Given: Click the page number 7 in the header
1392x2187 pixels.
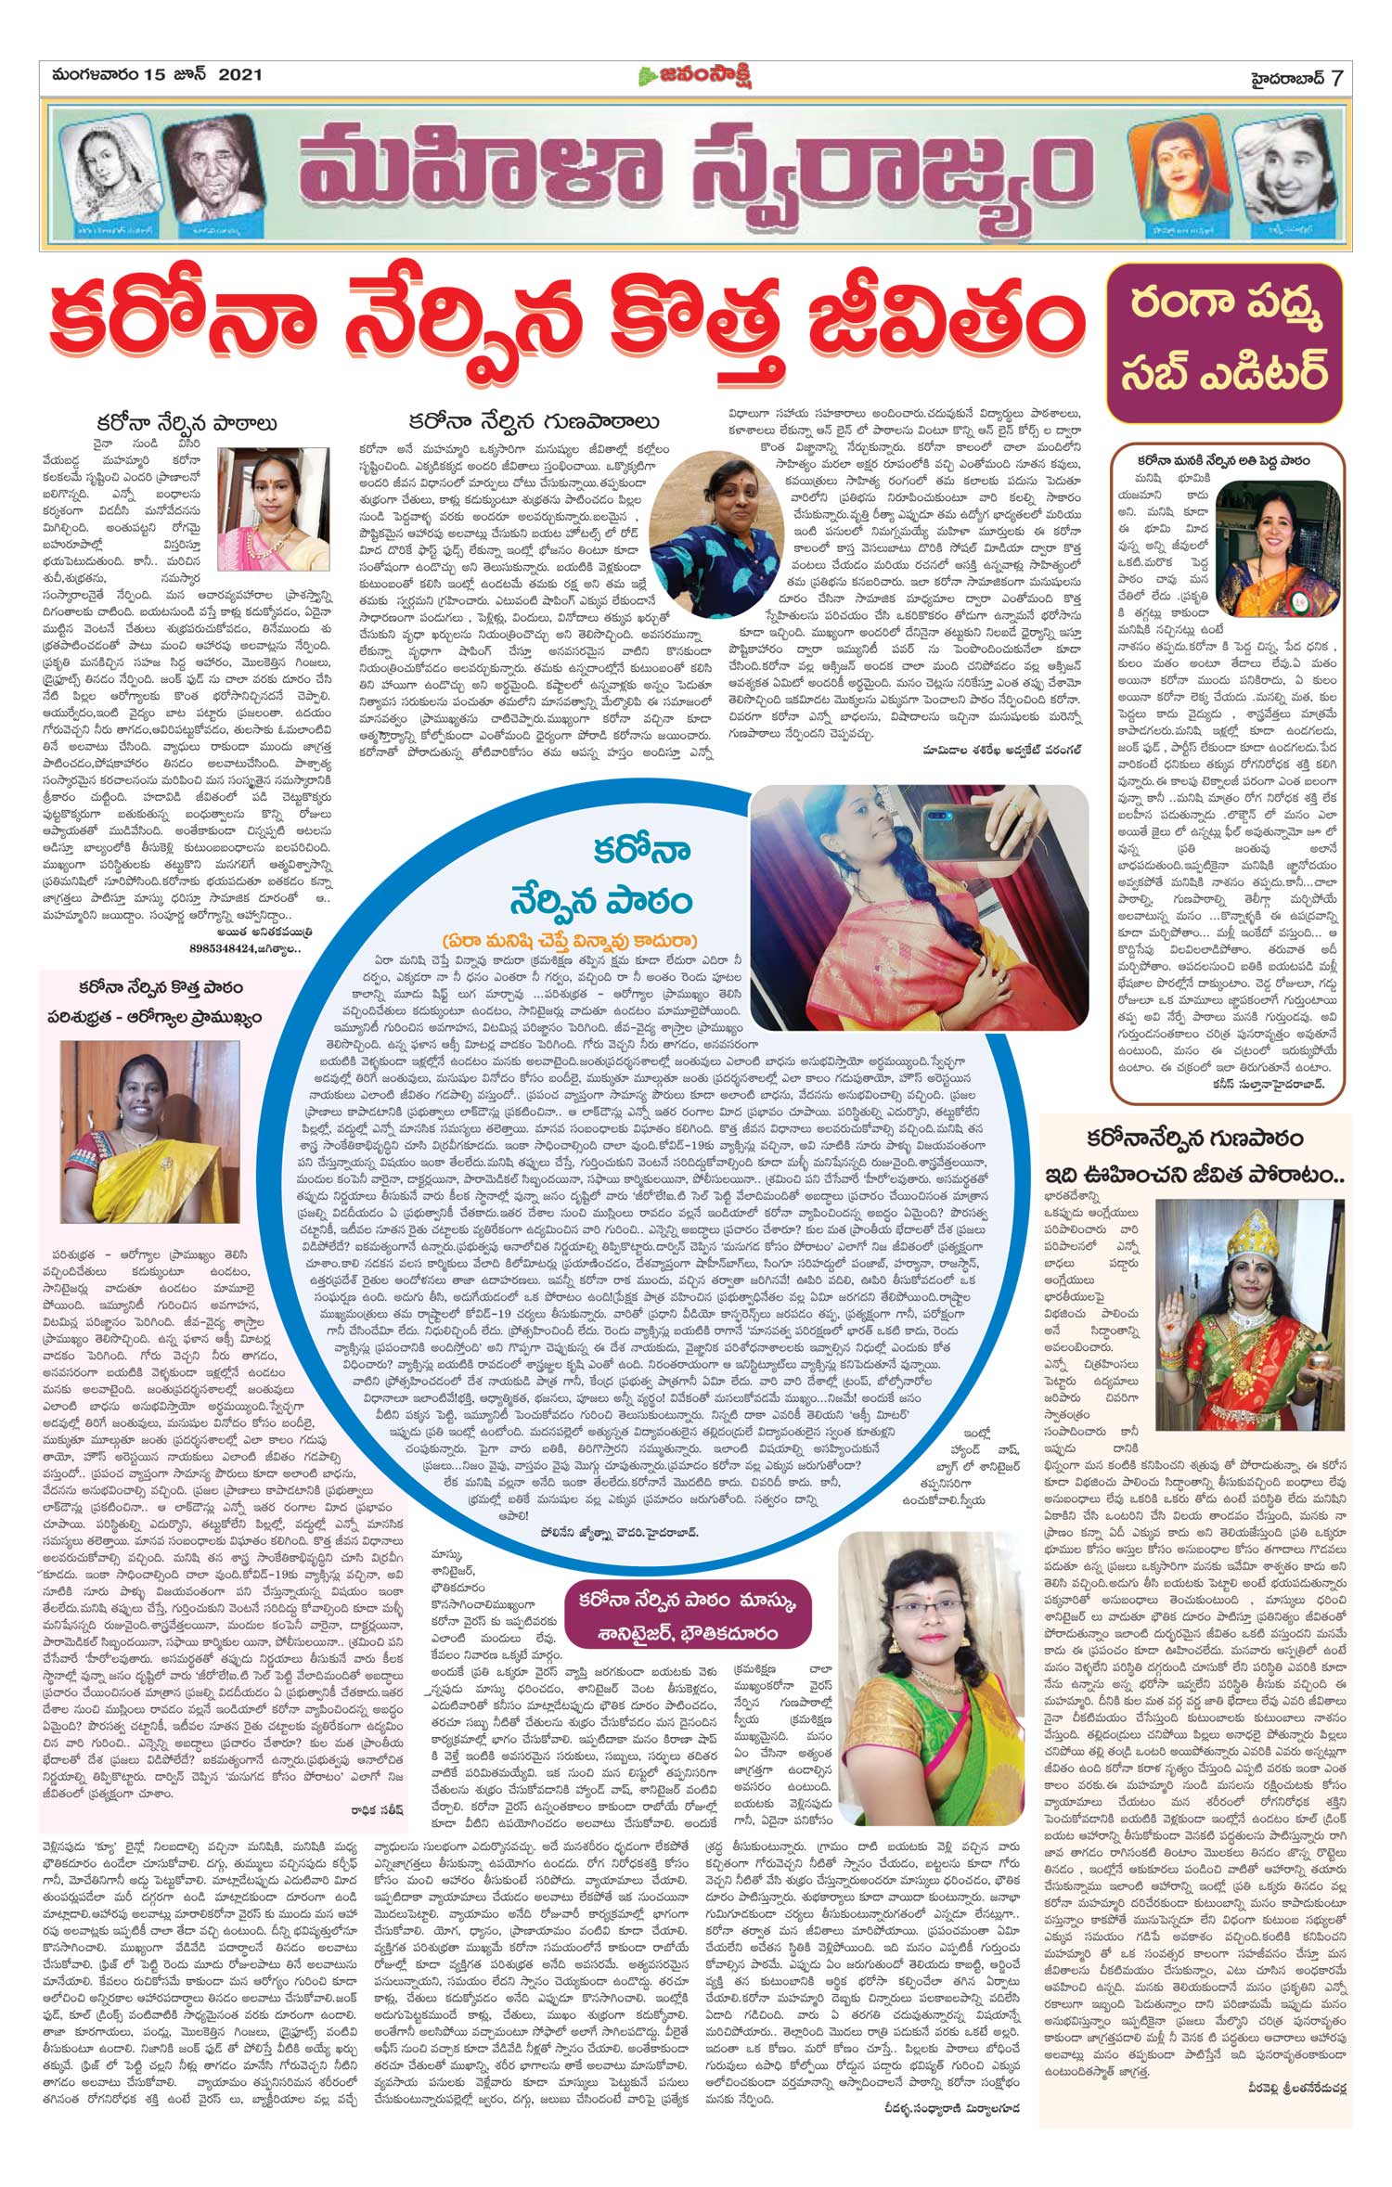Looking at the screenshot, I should point(1336,77).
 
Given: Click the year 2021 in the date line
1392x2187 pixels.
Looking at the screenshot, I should point(240,75).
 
